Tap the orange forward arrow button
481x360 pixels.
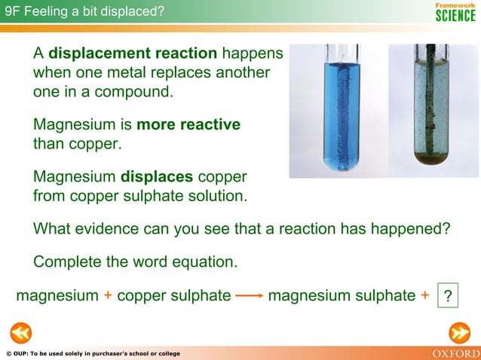(x=459, y=332)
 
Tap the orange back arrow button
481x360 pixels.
(x=20, y=332)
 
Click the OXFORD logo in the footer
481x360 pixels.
(x=455, y=353)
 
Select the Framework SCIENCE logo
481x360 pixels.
(x=455, y=11)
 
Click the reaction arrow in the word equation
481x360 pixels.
(x=249, y=296)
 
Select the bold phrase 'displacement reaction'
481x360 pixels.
(x=133, y=54)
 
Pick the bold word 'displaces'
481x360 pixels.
(x=157, y=177)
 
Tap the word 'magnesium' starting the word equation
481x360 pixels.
(x=57, y=296)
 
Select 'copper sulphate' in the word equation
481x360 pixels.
(x=173, y=296)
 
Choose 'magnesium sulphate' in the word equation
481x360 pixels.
(x=342, y=296)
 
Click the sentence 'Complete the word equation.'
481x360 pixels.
(x=136, y=262)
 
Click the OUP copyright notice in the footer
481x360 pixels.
(x=92, y=354)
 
